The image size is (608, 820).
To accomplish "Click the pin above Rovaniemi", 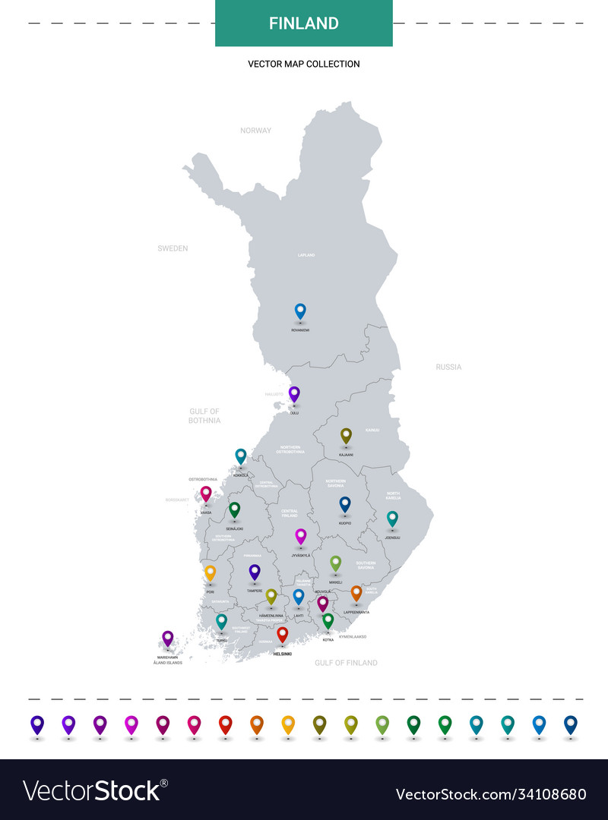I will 300,311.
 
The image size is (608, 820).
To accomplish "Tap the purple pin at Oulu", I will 294,394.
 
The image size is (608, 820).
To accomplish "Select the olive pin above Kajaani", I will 346,435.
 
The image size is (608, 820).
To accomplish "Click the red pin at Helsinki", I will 283,634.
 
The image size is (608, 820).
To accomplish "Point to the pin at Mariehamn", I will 168,639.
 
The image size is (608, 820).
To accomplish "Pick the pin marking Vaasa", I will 206,494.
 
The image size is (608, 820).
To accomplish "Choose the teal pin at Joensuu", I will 392,519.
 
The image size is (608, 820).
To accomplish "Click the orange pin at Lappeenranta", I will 356,593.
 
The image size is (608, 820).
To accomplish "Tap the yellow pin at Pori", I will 211,572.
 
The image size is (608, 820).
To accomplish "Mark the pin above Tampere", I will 255,572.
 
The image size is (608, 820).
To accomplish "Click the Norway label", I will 255,131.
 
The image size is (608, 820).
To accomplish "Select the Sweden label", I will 173,248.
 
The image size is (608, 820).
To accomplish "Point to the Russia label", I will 448,367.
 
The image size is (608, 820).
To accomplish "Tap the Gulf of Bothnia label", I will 204,415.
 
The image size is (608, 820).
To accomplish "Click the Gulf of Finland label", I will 346,663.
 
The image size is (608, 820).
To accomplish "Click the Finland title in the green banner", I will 304,24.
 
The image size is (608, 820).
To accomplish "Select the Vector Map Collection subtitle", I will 304,64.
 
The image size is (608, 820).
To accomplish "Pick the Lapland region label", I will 306,255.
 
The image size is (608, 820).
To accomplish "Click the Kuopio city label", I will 345,523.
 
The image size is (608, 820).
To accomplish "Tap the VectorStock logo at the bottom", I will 95,791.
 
